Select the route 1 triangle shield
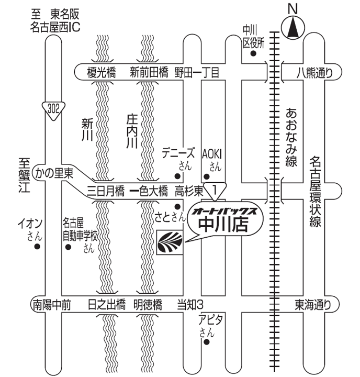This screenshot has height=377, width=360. click(215, 190)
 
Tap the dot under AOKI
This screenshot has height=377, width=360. click(206, 176)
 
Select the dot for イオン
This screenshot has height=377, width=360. click(37, 246)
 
